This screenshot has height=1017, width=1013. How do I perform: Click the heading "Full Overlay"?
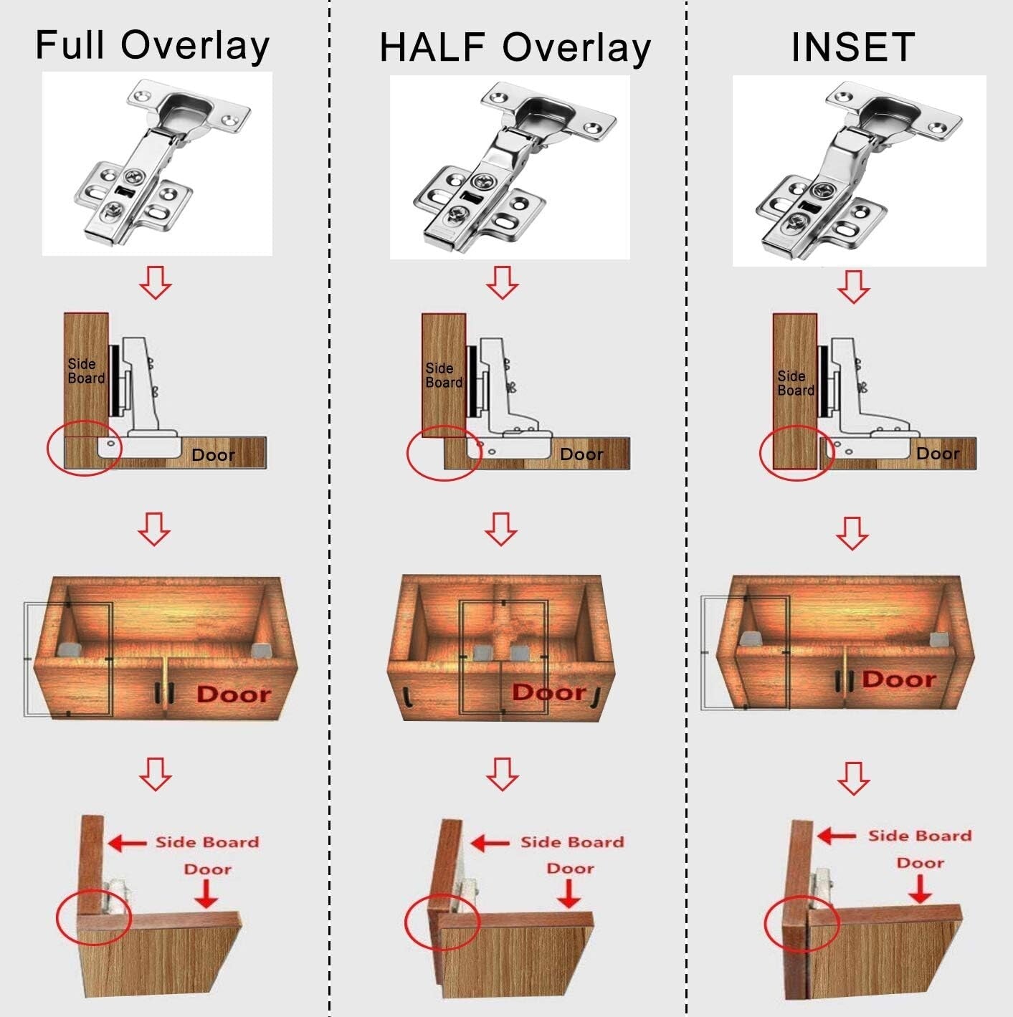(152, 45)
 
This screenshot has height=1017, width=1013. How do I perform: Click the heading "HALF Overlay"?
(515, 47)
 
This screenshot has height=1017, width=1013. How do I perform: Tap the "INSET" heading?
(852, 47)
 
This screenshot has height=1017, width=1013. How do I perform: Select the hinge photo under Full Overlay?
(157, 163)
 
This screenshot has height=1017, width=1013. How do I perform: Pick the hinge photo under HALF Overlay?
(510, 167)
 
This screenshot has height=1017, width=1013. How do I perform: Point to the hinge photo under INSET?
(859, 171)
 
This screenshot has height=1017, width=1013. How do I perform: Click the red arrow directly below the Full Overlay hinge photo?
(156, 282)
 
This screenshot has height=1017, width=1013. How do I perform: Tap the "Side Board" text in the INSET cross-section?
(796, 383)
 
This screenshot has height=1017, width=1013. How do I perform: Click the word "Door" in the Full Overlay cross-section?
(213, 455)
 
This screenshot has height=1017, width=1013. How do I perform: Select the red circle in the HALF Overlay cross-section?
(443, 453)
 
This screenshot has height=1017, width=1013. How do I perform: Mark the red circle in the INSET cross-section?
(796, 452)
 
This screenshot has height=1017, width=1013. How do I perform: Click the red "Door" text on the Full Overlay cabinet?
(234, 694)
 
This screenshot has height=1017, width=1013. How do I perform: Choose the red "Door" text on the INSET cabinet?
(899, 679)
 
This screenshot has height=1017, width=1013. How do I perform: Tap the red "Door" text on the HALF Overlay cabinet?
(549, 692)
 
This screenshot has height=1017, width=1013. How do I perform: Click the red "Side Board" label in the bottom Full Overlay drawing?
(207, 842)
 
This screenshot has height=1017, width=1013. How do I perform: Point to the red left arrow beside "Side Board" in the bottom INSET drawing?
(837, 836)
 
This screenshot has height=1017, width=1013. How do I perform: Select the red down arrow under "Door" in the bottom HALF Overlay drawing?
(569, 893)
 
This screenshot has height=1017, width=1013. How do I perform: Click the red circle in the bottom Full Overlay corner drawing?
(94, 917)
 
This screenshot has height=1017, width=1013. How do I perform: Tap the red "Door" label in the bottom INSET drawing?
(920, 862)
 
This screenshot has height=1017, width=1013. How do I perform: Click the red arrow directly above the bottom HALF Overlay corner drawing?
(502, 773)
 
